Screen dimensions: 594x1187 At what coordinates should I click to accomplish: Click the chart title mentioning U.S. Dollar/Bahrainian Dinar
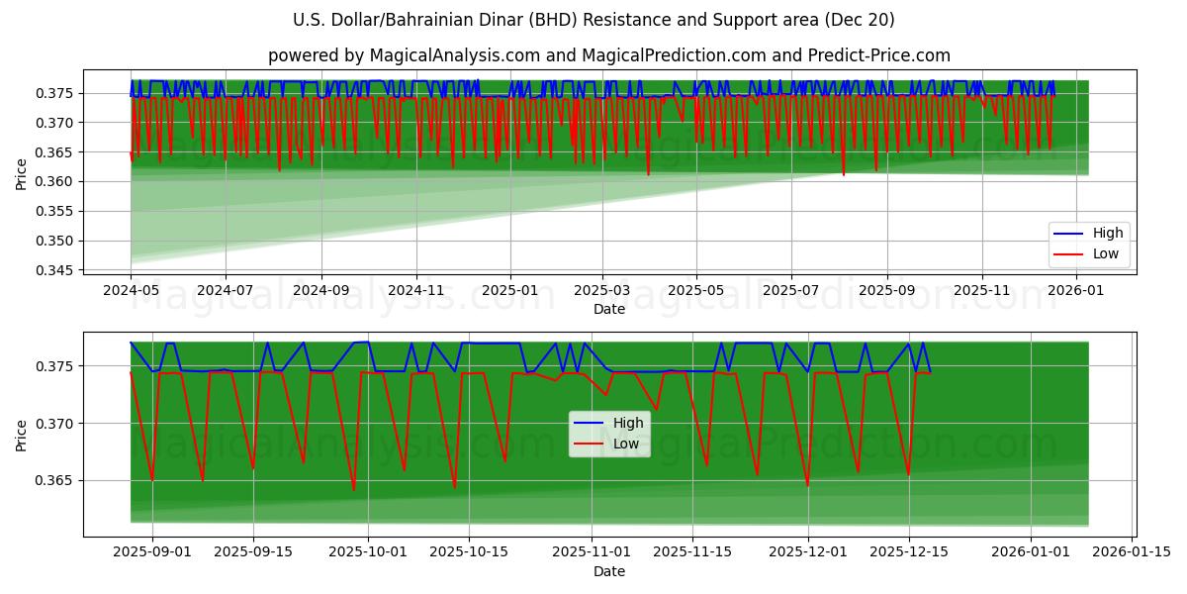click(593, 20)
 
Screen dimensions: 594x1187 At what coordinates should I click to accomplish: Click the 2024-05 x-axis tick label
click(131, 292)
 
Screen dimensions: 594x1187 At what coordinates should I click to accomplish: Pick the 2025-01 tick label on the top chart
click(509, 292)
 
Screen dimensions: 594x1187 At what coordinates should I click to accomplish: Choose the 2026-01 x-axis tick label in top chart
click(1075, 292)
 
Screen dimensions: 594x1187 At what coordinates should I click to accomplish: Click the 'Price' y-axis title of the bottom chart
click(22, 434)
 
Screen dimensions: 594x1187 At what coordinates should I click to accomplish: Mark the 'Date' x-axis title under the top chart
click(608, 310)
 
